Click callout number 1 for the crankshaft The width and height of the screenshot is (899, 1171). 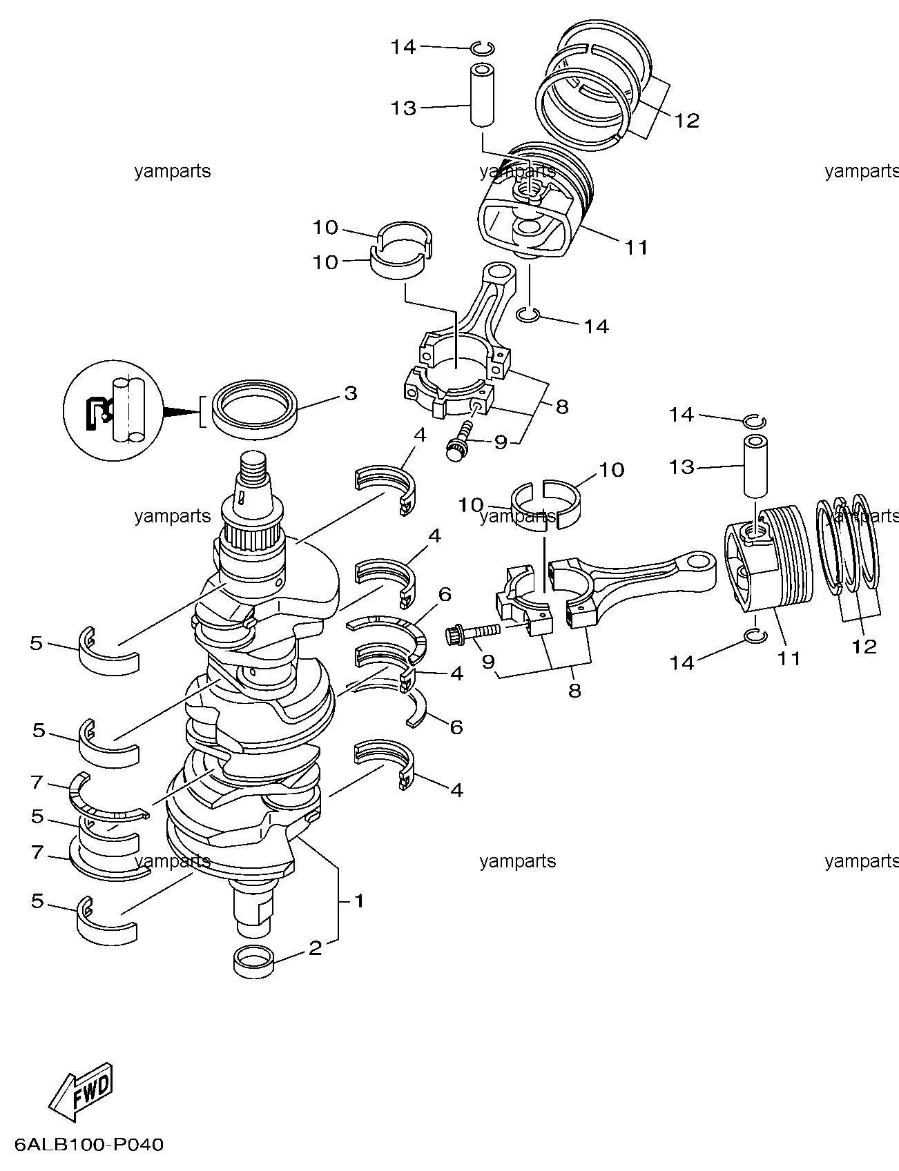click(x=358, y=901)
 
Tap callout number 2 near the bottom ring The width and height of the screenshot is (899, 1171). click(x=315, y=947)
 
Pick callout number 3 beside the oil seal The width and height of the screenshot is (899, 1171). click(x=351, y=393)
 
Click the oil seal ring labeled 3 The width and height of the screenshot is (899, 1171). click(x=255, y=410)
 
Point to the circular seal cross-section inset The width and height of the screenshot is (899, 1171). click(x=113, y=410)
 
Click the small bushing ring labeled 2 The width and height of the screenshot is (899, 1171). click(x=254, y=962)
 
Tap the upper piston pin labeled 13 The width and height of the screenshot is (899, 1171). click(x=483, y=95)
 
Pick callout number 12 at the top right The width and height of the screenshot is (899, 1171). click(x=686, y=121)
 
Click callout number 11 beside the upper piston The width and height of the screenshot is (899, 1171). click(x=636, y=247)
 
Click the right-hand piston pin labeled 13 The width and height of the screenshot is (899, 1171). click(x=755, y=466)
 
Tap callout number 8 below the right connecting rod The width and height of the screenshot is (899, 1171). click(x=574, y=690)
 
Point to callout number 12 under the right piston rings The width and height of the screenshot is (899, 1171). click(x=864, y=646)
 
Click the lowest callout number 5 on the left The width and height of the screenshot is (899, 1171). click(x=37, y=901)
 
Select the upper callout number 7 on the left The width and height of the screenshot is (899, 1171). click(x=37, y=783)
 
